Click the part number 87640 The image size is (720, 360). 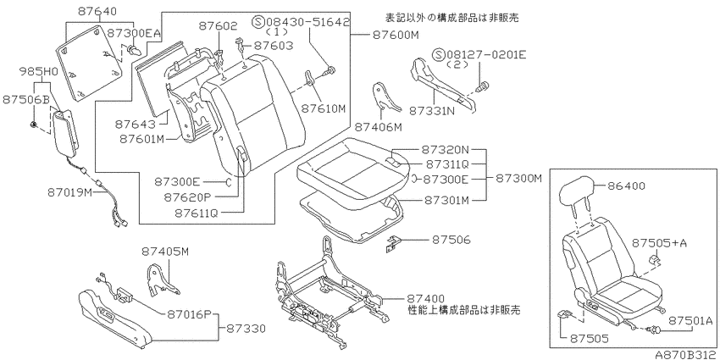97,12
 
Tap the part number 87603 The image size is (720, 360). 274,46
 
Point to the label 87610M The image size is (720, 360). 323,108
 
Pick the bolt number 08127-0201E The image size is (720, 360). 479,56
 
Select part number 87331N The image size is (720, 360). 430,111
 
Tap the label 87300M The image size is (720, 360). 518,177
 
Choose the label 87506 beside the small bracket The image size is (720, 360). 451,240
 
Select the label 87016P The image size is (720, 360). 188,314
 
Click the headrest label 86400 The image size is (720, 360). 626,186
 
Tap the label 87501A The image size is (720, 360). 690,320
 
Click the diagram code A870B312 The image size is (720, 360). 686,355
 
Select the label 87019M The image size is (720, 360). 69,192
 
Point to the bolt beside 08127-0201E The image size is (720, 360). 484,86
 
